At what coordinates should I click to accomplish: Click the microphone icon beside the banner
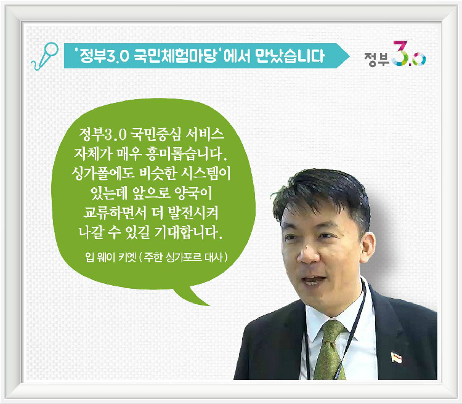point(45,56)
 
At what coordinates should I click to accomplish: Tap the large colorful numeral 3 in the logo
point(401,53)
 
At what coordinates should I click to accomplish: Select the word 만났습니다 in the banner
point(290,55)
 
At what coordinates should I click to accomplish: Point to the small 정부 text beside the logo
point(377,59)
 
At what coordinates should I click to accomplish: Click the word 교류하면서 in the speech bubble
point(115,212)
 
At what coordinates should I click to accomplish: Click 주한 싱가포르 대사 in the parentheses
point(184,257)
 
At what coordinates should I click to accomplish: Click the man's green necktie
point(330,350)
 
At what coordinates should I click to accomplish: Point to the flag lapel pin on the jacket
point(396,357)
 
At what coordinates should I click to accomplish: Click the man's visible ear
point(368,248)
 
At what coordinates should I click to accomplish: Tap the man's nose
point(307,254)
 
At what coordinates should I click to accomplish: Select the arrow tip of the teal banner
point(349,55)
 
